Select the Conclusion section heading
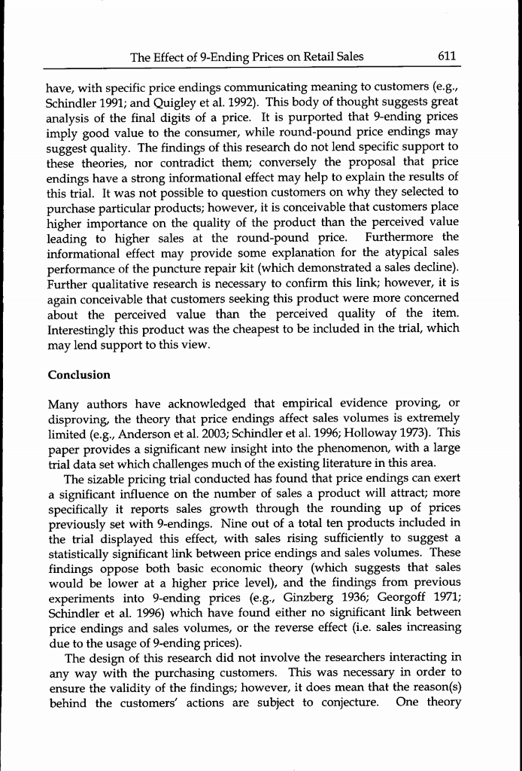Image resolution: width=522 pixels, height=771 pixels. (x=79, y=375)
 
